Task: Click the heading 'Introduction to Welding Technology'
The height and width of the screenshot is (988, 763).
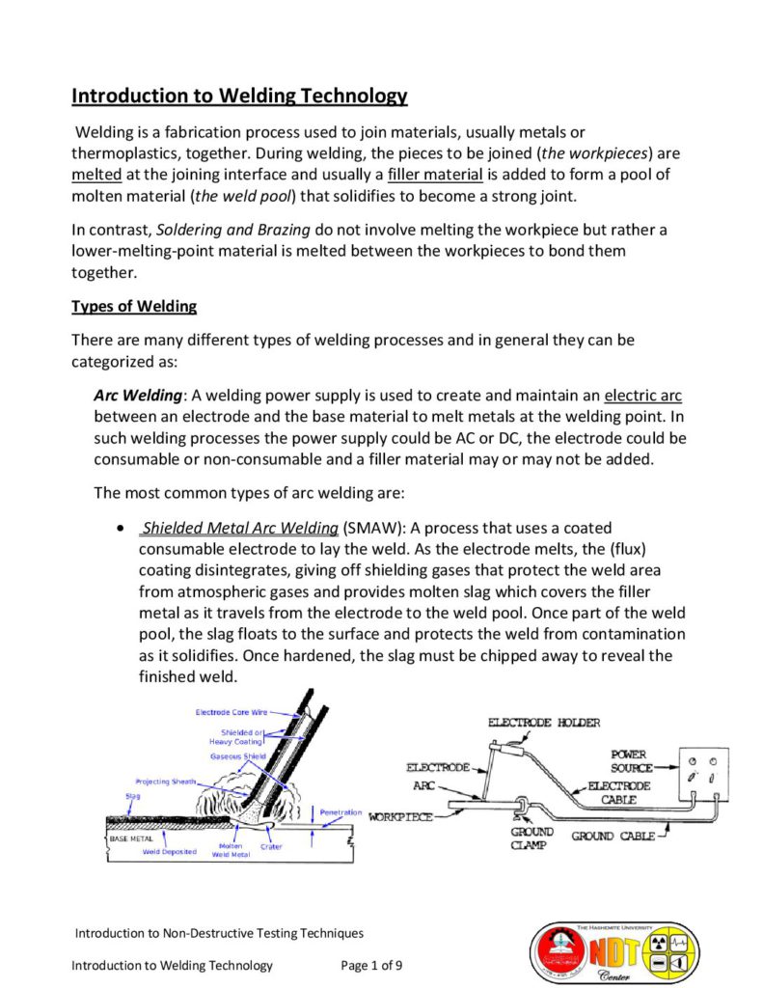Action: tap(239, 96)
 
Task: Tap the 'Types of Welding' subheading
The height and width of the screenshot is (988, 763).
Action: tap(134, 307)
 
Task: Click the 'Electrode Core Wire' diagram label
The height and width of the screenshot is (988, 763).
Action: tap(232, 712)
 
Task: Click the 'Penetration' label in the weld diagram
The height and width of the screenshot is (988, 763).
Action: tap(341, 812)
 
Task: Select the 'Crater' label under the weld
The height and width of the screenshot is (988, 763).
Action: tap(271, 846)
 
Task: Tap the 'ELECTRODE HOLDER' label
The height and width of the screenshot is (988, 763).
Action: tap(543, 722)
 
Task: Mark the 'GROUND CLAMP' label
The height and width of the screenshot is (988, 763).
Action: tap(531, 837)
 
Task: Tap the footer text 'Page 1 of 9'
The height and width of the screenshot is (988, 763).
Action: tap(372, 965)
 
